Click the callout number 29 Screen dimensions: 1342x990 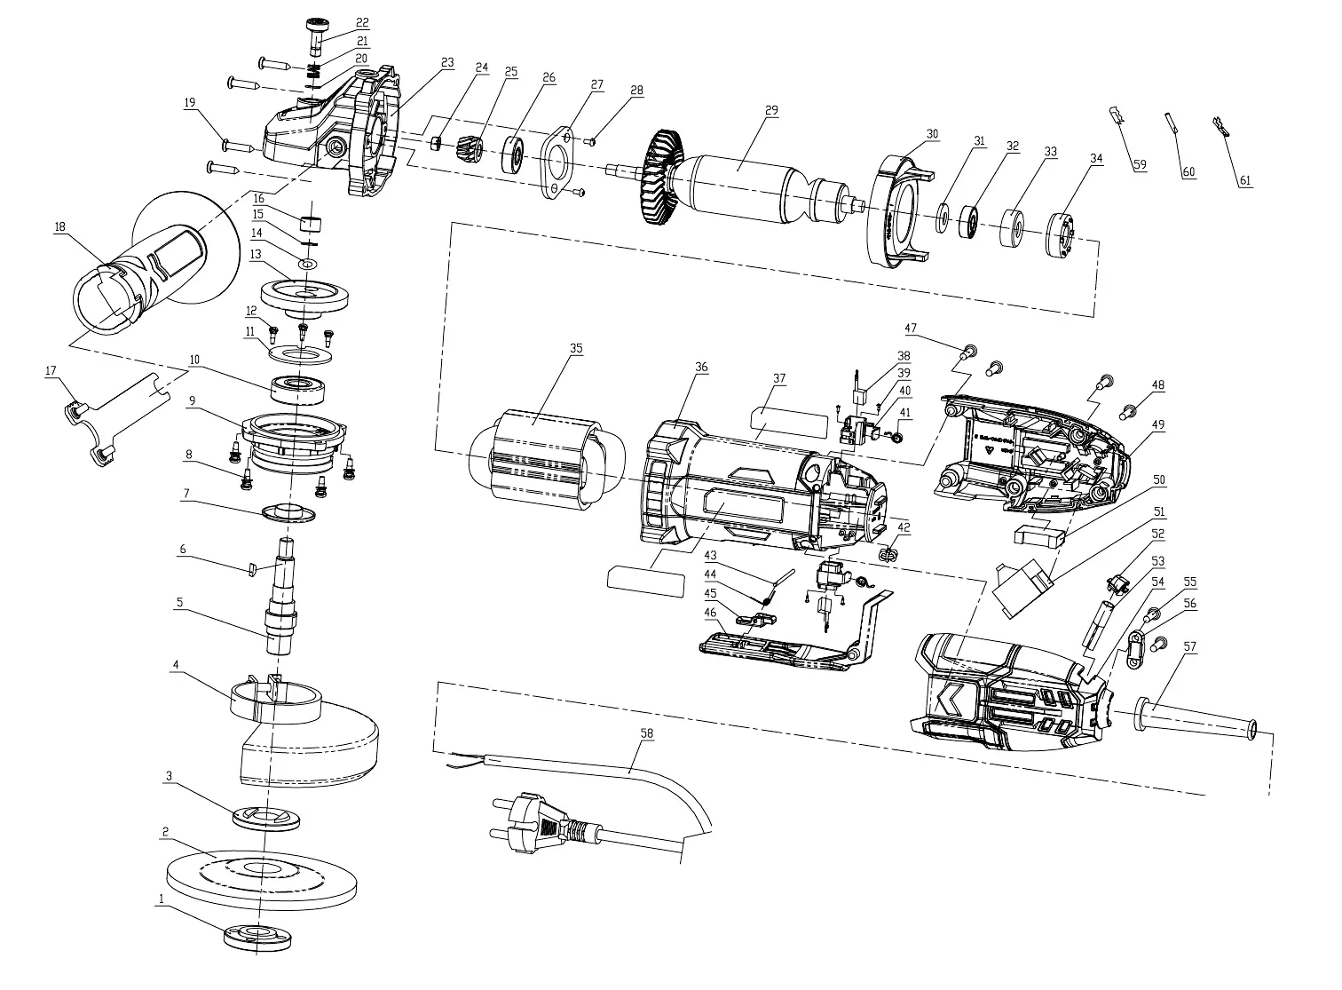click(771, 110)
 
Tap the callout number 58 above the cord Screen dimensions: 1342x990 click(646, 733)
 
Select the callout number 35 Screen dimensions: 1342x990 click(576, 348)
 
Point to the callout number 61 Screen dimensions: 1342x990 click(1245, 180)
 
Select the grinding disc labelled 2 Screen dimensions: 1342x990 click(261, 879)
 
